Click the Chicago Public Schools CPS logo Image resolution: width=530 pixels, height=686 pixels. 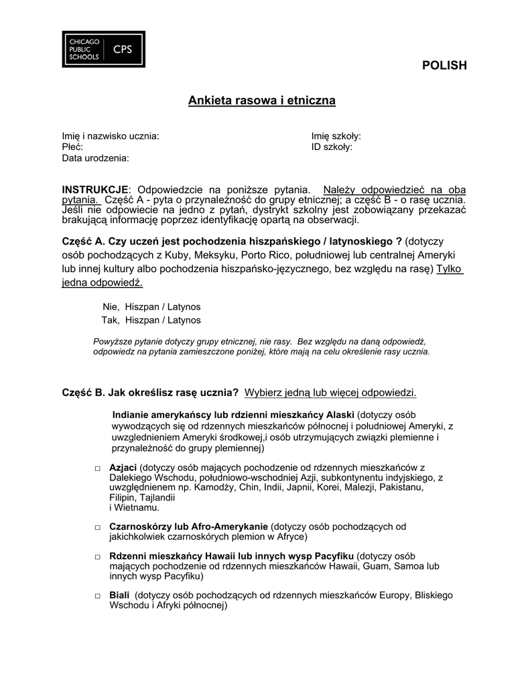click(103, 49)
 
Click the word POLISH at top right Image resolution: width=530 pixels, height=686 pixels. click(444, 65)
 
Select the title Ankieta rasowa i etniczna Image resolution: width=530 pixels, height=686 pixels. click(261, 100)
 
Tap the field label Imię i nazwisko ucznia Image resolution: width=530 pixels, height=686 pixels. click(111, 136)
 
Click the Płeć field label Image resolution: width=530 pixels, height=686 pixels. click(72, 147)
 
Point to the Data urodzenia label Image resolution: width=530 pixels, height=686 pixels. click(95, 158)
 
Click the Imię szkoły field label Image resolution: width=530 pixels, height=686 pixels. click(336, 136)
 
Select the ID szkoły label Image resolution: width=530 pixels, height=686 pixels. click(332, 147)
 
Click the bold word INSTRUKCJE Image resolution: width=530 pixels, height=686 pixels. click(95, 190)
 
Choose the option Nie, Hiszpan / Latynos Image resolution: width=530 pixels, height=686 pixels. click(151, 305)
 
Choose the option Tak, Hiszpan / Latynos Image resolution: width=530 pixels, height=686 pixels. click(151, 320)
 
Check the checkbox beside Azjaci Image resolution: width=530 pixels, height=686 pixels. click(97, 468)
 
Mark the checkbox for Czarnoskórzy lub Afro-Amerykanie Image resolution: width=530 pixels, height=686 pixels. click(97, 527)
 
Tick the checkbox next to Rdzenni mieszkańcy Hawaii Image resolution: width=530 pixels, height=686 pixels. click(97, 557)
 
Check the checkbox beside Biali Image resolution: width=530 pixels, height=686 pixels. click(97, 596)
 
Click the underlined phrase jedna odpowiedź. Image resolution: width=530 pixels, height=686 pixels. click(102, 283)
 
